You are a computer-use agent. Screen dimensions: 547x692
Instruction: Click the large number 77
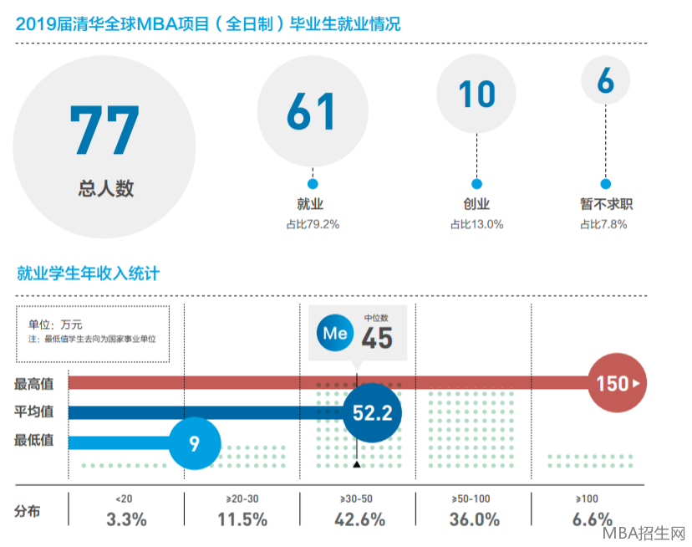[104, 130]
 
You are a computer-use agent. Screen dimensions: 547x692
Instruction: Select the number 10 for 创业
[476, 94]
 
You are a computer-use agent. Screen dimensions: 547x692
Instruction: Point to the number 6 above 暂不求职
[606, 82]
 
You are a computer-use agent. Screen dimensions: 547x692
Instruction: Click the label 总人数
[105, 188]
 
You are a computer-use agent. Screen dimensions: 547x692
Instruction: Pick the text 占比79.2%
[312, 223]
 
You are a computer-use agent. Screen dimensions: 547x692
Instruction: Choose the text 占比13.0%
[476, 223]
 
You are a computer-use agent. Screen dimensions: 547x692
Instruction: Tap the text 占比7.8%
[603, 223]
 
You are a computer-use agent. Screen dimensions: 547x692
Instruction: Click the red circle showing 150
[618, 384]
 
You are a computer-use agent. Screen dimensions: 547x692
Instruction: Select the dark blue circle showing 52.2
[372, 412]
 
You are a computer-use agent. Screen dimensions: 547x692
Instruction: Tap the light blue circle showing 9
[195, 442]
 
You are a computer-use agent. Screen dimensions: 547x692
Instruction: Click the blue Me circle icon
[334, 333]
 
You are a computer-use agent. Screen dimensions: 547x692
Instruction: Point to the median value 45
[377, 339]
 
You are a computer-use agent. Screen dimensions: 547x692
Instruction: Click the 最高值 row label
[34, 384]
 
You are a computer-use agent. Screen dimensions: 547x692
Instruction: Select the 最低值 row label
[34, 440]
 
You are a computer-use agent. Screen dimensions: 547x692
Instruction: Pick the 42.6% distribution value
[362, 519]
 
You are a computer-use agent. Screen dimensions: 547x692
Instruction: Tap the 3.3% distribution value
[126, 519]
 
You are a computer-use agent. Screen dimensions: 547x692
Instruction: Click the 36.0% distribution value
[474, 519]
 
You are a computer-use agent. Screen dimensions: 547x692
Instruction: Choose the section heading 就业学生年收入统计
[88, 273]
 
